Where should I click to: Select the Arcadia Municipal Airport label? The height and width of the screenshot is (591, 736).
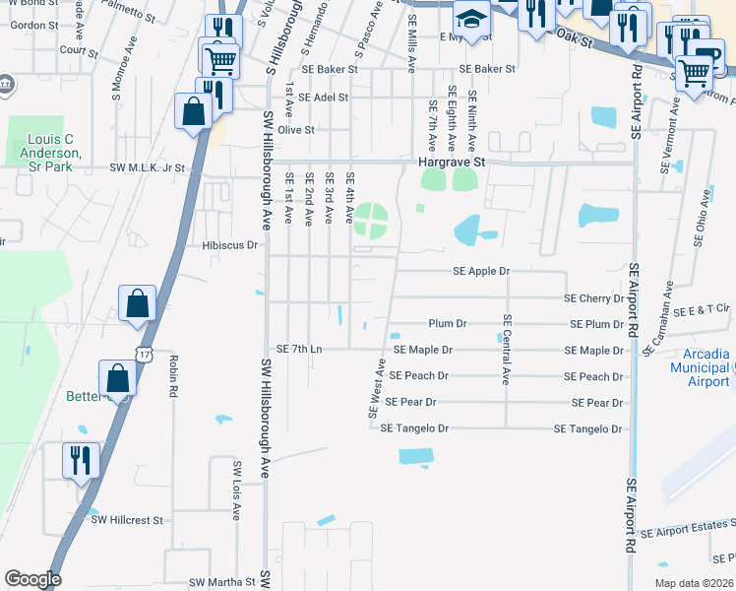tap(700, 367)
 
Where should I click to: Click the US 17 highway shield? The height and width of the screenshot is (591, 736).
tap(144, 355)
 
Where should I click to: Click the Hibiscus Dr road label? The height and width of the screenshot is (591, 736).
tap(229, 245)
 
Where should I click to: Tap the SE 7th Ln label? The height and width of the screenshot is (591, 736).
tap(299, 350)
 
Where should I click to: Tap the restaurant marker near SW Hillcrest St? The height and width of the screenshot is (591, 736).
tap(80, 460)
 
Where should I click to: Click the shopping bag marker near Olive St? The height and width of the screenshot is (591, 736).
tap(192, 111)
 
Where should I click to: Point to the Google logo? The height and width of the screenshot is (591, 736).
tap(32, 579)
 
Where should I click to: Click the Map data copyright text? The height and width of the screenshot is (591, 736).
tap(693, 583)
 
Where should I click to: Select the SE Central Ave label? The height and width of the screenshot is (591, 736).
tap(507, 350)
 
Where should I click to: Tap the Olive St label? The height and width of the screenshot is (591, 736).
tap(295, 130)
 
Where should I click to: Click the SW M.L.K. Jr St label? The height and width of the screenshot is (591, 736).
tap(148, 168)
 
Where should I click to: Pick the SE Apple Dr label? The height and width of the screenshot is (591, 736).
tap(481, 271)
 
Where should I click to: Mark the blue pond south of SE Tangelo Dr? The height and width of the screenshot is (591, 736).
tap(415, 456)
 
